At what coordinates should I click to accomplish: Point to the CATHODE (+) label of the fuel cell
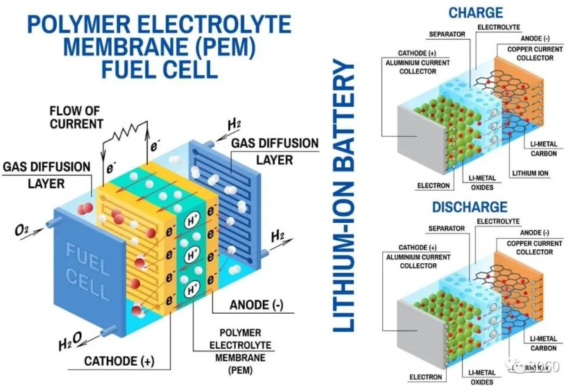(x=119, y=361)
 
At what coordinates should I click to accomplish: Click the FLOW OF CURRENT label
(x=76, y=117)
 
